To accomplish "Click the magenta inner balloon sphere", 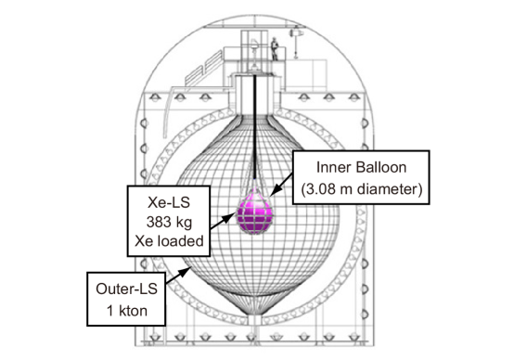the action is point(255,213).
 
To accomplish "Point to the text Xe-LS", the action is point(169,202).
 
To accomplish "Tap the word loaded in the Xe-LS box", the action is point(181,241).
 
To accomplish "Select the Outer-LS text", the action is point(126,289).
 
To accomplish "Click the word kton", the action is point(133,311).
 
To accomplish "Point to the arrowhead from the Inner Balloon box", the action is point(276,191).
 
